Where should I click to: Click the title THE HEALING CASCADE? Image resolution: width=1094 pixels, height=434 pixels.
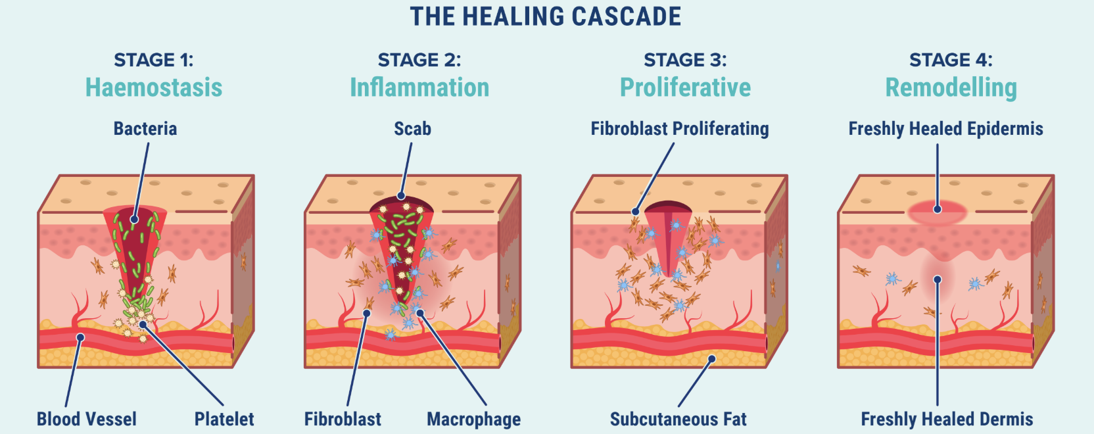[546, 17]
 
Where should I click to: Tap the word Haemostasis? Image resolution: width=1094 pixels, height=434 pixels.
[154, 87]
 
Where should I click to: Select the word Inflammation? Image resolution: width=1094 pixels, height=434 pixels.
[419, 87]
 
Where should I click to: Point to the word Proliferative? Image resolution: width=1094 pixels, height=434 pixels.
[685, 87]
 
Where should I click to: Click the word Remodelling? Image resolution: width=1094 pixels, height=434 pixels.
[951, 87]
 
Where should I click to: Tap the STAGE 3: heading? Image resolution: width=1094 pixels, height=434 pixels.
[685, 60]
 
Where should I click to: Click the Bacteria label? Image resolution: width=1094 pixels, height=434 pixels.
[145, 129]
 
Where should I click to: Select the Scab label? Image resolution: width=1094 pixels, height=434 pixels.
[412, 129]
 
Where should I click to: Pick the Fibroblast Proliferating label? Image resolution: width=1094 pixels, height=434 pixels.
[680, 129]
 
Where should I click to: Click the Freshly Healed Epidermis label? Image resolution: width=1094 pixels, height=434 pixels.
[945, 129]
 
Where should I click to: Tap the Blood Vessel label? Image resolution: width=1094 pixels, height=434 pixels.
[87, 419]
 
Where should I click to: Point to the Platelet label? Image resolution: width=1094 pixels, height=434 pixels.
[224, 419]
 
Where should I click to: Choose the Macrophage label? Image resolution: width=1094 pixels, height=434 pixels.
[473, 419]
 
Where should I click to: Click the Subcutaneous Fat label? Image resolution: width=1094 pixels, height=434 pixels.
[678, 419]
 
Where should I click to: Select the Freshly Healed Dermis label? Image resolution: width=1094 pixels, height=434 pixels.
[947, 419]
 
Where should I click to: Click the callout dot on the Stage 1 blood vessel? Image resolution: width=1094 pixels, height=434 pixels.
[80, 337]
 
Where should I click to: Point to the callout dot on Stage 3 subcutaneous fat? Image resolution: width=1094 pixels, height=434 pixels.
[711, 359]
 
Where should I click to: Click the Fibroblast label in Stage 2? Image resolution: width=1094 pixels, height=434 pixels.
[343, 419]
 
